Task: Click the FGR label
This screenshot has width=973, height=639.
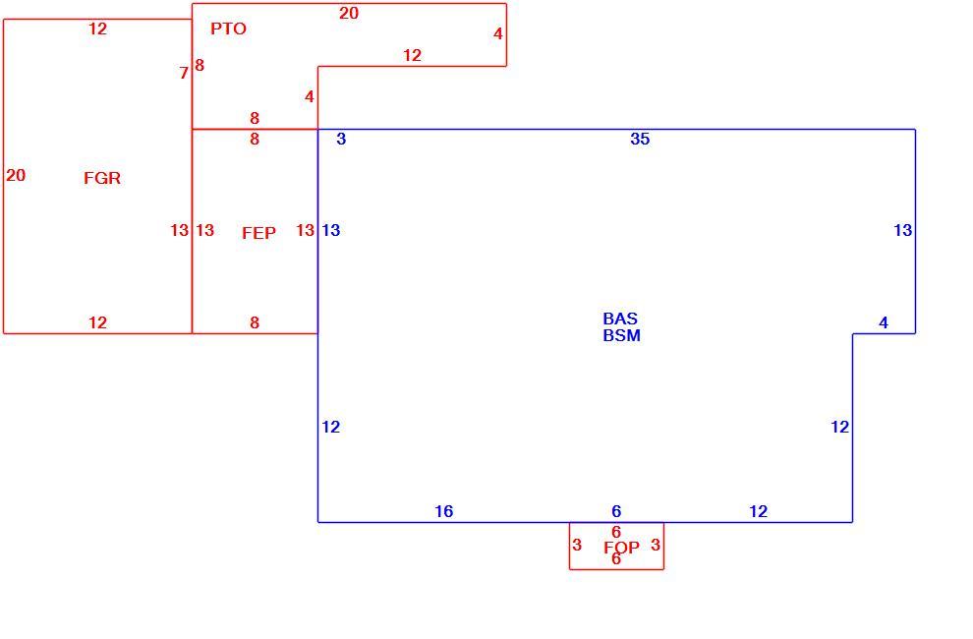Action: pos(102,178)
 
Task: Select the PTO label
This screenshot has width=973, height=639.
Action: pos(228,29)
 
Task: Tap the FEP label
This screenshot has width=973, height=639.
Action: pos(258,233)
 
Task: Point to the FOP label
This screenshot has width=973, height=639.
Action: pos(621,548)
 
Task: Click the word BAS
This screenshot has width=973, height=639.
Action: pos(620,319)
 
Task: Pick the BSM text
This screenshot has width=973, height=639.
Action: pos(622,335)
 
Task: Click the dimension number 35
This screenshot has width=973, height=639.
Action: pos(640,139)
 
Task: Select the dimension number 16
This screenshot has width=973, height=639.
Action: pos(443,511)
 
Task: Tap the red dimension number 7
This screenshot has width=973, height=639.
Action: pos(184,74)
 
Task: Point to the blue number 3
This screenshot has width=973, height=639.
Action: pos(341,139)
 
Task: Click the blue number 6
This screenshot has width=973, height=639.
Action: pos(616,511)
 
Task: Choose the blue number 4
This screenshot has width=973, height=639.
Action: pos(884,322)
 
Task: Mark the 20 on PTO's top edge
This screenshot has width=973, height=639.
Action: pos(349,13)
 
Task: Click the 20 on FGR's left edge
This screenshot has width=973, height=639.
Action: pos(16,176)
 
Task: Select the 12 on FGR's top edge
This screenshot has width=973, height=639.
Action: pos(97,29)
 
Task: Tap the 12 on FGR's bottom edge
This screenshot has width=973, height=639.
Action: pos(97,322)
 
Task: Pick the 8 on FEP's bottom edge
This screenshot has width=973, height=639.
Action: pos(255,322)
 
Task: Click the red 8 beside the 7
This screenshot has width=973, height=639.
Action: pos(200,65)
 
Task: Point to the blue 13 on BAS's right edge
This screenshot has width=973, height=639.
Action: pos(903,230)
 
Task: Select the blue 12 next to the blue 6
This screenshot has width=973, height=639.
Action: pos(759,511)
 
